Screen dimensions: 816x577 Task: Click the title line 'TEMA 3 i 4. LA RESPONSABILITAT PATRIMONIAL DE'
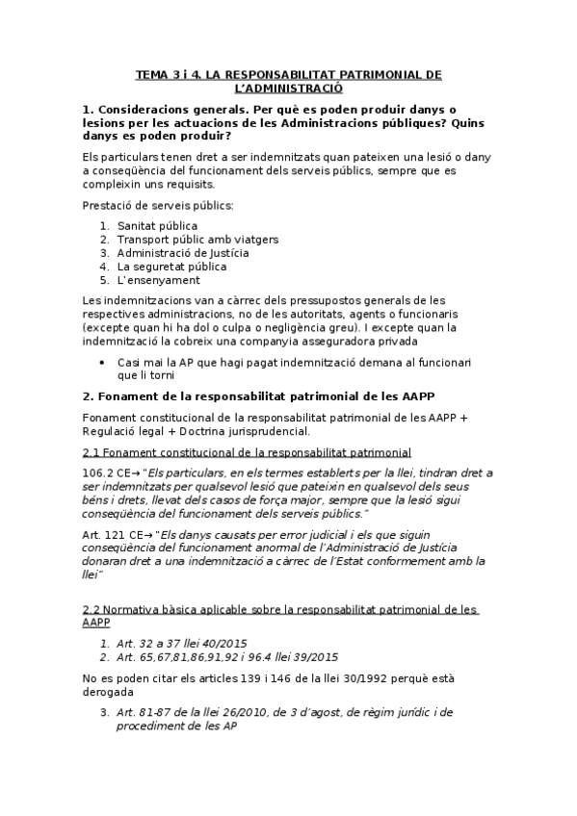(288, 74)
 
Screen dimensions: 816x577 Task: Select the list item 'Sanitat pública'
(157, 226)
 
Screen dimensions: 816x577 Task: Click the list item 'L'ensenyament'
(159, 280)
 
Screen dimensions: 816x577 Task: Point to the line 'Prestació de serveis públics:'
(158, 205)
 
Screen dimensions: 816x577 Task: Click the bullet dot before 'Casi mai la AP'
(103, 361)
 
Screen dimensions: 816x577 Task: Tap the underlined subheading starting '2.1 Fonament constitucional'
(248, 452)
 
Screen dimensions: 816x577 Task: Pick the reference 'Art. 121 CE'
(113, 533)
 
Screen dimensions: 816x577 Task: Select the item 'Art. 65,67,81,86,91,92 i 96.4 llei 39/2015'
(227, 657)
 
